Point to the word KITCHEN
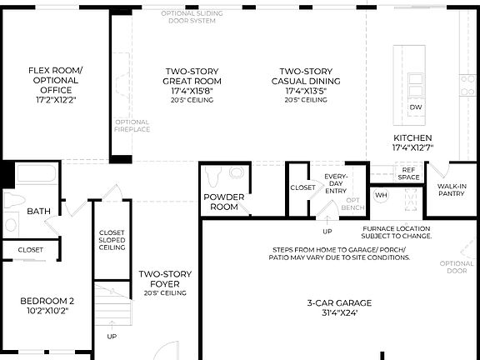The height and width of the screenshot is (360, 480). click(413, 137)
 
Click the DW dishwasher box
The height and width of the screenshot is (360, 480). click(414, 108)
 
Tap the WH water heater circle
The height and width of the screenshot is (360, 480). click(381, 195)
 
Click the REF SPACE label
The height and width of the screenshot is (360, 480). click(408, 172)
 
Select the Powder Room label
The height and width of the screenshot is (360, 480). click(224, 202)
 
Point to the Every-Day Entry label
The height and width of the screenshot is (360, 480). click(337, 184)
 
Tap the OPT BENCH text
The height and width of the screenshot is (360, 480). click(353, 205)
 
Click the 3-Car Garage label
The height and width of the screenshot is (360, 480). click(332, 307)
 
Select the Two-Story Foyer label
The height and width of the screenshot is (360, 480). click(165, 283)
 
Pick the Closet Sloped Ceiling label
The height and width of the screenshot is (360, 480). click(112, 240)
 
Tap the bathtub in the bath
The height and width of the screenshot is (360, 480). click(34, 175)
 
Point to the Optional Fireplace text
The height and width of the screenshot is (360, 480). click(131, 127)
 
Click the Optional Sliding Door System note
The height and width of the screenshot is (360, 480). click(191, 17)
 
